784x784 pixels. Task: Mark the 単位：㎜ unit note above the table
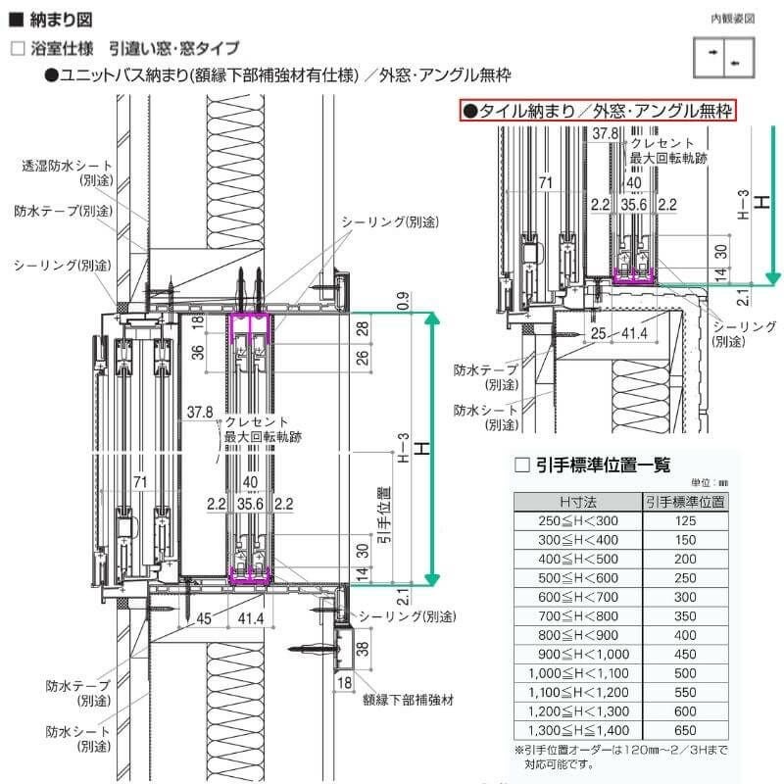pyautogui.click(x=710, y=483)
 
